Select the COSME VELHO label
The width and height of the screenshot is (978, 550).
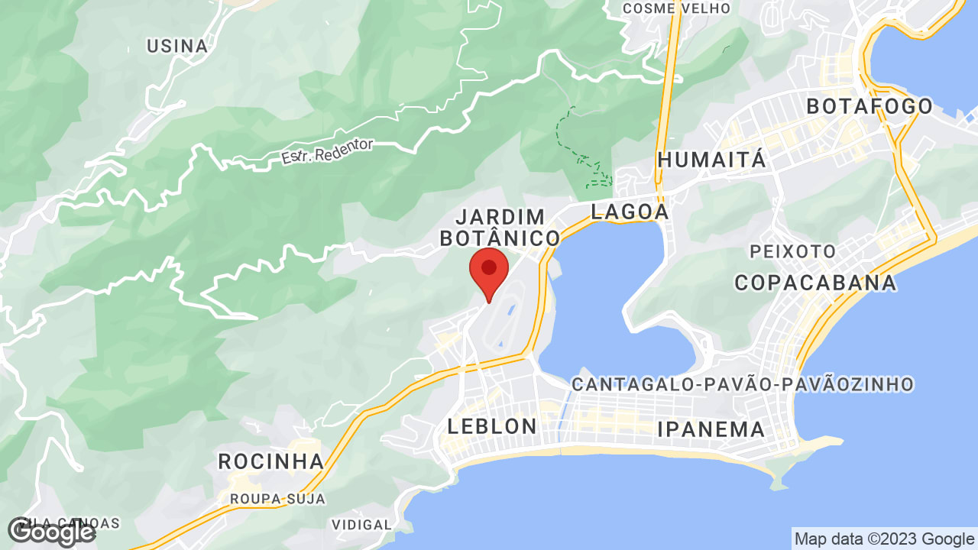tap(676, 8)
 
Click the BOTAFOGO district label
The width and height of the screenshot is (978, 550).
tap(870, 106)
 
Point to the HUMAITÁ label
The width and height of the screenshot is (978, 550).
tap(711, 160)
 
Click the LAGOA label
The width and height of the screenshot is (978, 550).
tap(630, 212)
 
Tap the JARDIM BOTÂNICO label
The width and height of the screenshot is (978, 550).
tap(500, 227)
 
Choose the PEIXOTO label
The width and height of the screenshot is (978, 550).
tap(792, 251)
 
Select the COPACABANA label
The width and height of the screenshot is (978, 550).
tap(815, 283)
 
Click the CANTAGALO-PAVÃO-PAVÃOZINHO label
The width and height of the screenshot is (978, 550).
tap(743, 383)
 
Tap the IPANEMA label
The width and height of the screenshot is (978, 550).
tap(711, 429)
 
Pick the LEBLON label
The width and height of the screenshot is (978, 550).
tap(492, 426)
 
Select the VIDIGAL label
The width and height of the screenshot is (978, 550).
tap(361, 525)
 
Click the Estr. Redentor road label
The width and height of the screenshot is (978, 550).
tap(327, 151)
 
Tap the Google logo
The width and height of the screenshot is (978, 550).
tap(51, 531)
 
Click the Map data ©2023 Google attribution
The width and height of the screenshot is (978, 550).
tap(884, 539)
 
